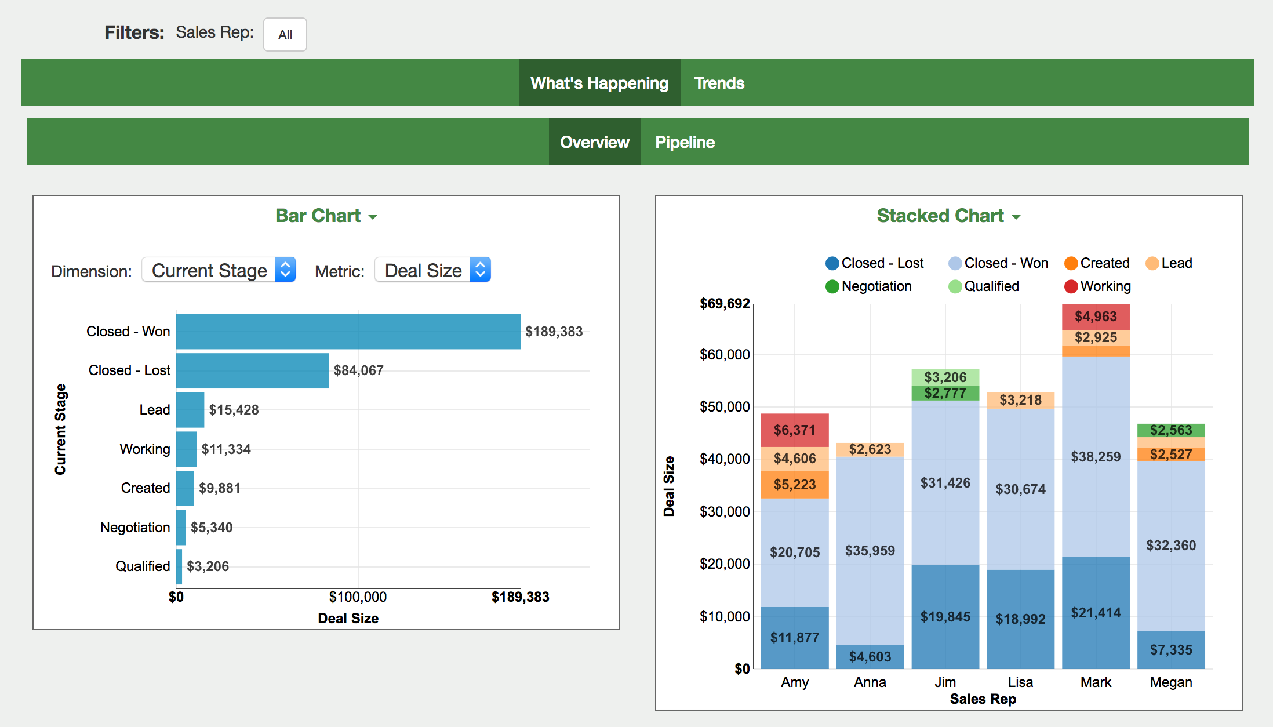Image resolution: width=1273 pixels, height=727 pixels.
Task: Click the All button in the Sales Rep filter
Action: tap(285, 35)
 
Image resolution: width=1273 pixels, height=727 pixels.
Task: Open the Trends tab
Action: tap(719, 83)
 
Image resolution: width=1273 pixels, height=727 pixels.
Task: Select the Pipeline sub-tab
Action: tap(685, 142)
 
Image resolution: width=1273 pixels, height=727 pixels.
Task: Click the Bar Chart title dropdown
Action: tap(326, 216)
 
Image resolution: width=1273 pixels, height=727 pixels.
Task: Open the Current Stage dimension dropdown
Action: tap(219, 270)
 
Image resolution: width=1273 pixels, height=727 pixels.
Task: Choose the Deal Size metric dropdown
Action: tap(432, 270)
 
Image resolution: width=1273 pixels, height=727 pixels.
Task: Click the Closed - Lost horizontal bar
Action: tap(252, 370)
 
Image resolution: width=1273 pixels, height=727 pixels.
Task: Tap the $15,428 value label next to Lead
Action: tap(234, 410)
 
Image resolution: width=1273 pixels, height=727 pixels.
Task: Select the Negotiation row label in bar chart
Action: tap(135, 528)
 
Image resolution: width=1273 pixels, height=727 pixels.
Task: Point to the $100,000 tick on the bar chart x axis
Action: tap(358, 597)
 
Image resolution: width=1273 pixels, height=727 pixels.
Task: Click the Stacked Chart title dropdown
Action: tap(948, 216)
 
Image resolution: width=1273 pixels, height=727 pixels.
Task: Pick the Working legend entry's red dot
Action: tap(1071, 286)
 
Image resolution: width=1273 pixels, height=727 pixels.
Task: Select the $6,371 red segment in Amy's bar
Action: tap(794, 430)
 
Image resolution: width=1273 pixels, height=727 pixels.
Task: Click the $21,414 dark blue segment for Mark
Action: tap(1096, 613)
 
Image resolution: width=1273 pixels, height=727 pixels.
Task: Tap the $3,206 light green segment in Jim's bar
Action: tap(945, 377)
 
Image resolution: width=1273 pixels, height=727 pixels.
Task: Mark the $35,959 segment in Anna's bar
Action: tap(870, 550)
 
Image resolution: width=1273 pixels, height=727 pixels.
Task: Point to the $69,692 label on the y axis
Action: tap(725, 304)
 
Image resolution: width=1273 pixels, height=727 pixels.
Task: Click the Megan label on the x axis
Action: tap(1170, 682)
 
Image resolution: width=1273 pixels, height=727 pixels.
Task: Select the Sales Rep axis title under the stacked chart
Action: tap(983, 699)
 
